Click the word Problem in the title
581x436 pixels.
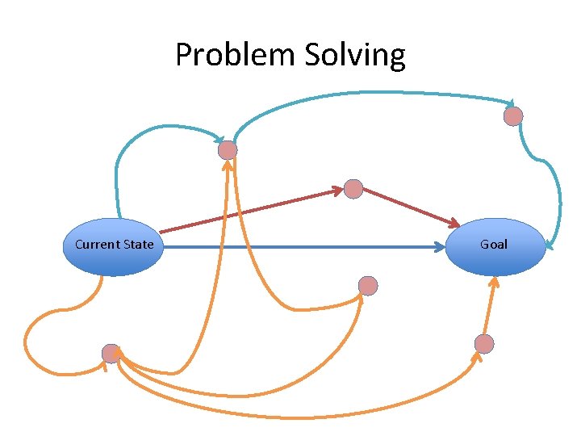tap(236, 56)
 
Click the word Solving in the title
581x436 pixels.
tap(355, 56)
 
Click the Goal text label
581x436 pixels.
tap(494, 244)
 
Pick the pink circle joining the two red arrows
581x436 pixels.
tap(353, 189)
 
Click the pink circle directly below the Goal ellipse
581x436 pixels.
tap(484, 344)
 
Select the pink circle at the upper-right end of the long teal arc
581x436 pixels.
tap(513, 116)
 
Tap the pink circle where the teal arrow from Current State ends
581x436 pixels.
tap(228, 150)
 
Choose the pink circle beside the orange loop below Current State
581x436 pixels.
tap(111, 354)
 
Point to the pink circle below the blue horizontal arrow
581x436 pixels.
tap(368, 286)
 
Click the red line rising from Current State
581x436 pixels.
tap(242, 212)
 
